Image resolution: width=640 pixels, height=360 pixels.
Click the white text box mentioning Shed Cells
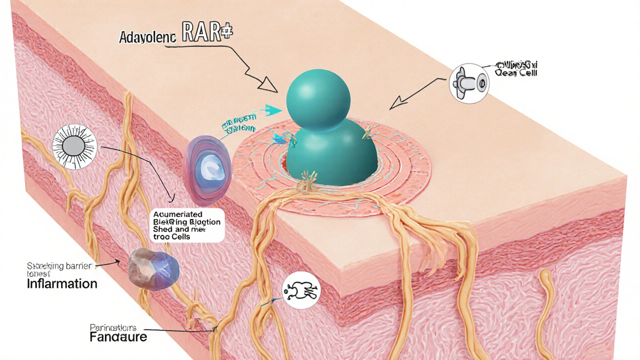pyautogui.click(x=186, y=224)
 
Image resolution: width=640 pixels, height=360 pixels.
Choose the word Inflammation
pyautogui.click(x=62, y=284)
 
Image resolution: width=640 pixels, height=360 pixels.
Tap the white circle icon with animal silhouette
pyautogui.click(x=301, y=290)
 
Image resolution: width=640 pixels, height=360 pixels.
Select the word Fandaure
pyautogui.click(x=118, y=336)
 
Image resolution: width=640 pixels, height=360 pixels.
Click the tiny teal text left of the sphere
pyautogui.click(x=239, y=123)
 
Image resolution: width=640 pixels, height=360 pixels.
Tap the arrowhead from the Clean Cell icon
pyautogui.click(x=398, y=103)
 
